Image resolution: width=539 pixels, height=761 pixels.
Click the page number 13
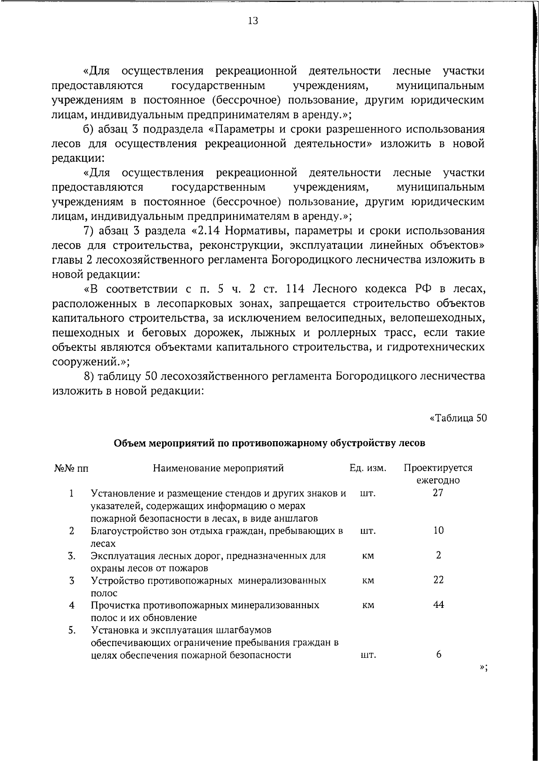(252, 21)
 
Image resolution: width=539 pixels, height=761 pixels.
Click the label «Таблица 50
(458, 418)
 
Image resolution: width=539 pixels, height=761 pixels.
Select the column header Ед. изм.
(368, 468)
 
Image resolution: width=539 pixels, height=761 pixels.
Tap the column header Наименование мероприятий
(218, 468)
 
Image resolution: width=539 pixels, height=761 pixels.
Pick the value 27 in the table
(438, 493)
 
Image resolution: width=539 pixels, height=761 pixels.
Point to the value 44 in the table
(438, 605)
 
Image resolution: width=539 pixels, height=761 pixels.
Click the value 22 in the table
(438, 580)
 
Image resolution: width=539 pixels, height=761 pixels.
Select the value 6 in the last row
(438, 655)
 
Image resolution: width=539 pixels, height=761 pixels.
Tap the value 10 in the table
(438, 531)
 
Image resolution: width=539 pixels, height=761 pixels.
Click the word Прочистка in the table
(114, 605)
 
